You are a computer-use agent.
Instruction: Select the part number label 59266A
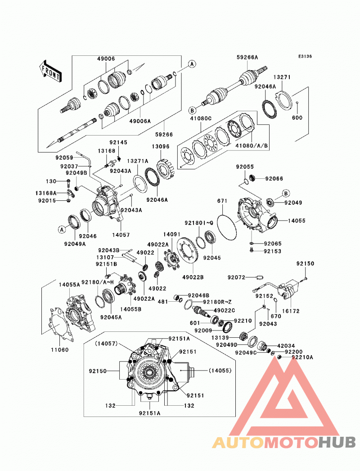(x=247, y=57)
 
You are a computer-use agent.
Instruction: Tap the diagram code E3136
(x=305, y=56)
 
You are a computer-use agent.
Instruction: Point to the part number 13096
(x=160, y=147)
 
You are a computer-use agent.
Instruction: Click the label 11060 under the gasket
(x=59, y=349)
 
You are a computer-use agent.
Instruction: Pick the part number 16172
(x=291, y=311)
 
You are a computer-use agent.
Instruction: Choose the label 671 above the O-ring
(x=222, y=201)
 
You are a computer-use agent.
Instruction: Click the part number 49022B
(x=193, y=277)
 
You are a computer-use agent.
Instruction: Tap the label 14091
(x=172, y=234)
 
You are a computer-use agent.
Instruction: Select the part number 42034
(x=286, y=346)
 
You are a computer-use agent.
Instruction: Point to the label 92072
(x=236, y=277)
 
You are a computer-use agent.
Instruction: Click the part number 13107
(x=105, y=258)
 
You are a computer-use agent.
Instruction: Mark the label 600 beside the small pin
(x=297, y=118)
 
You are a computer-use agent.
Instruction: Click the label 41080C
(x=201, y=118)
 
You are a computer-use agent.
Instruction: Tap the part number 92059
(x=64, y=157)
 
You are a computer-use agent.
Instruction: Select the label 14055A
(x=69, y=285)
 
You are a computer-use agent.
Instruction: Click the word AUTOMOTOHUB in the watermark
(x=284, y=443)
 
